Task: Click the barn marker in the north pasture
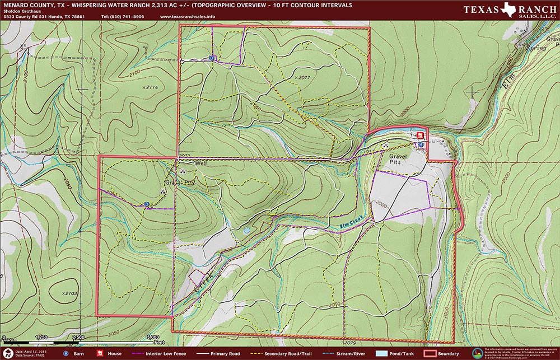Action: click(x=211, y=58)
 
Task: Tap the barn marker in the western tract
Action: click(x=147, y=204)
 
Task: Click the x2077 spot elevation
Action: click(x=301, y=77)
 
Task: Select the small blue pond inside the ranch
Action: click(x=246, y=230)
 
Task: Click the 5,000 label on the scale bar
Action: click(x=152, y=337)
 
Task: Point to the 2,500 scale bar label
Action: click(x=78, y=337)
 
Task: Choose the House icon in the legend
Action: click(x=101, y=354)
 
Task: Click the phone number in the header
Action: click(x=122, y=17)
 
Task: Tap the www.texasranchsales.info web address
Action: click(x=187, y=17)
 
